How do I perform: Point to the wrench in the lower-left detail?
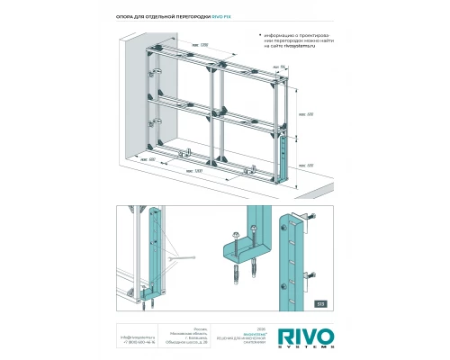(x=185, y=259)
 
